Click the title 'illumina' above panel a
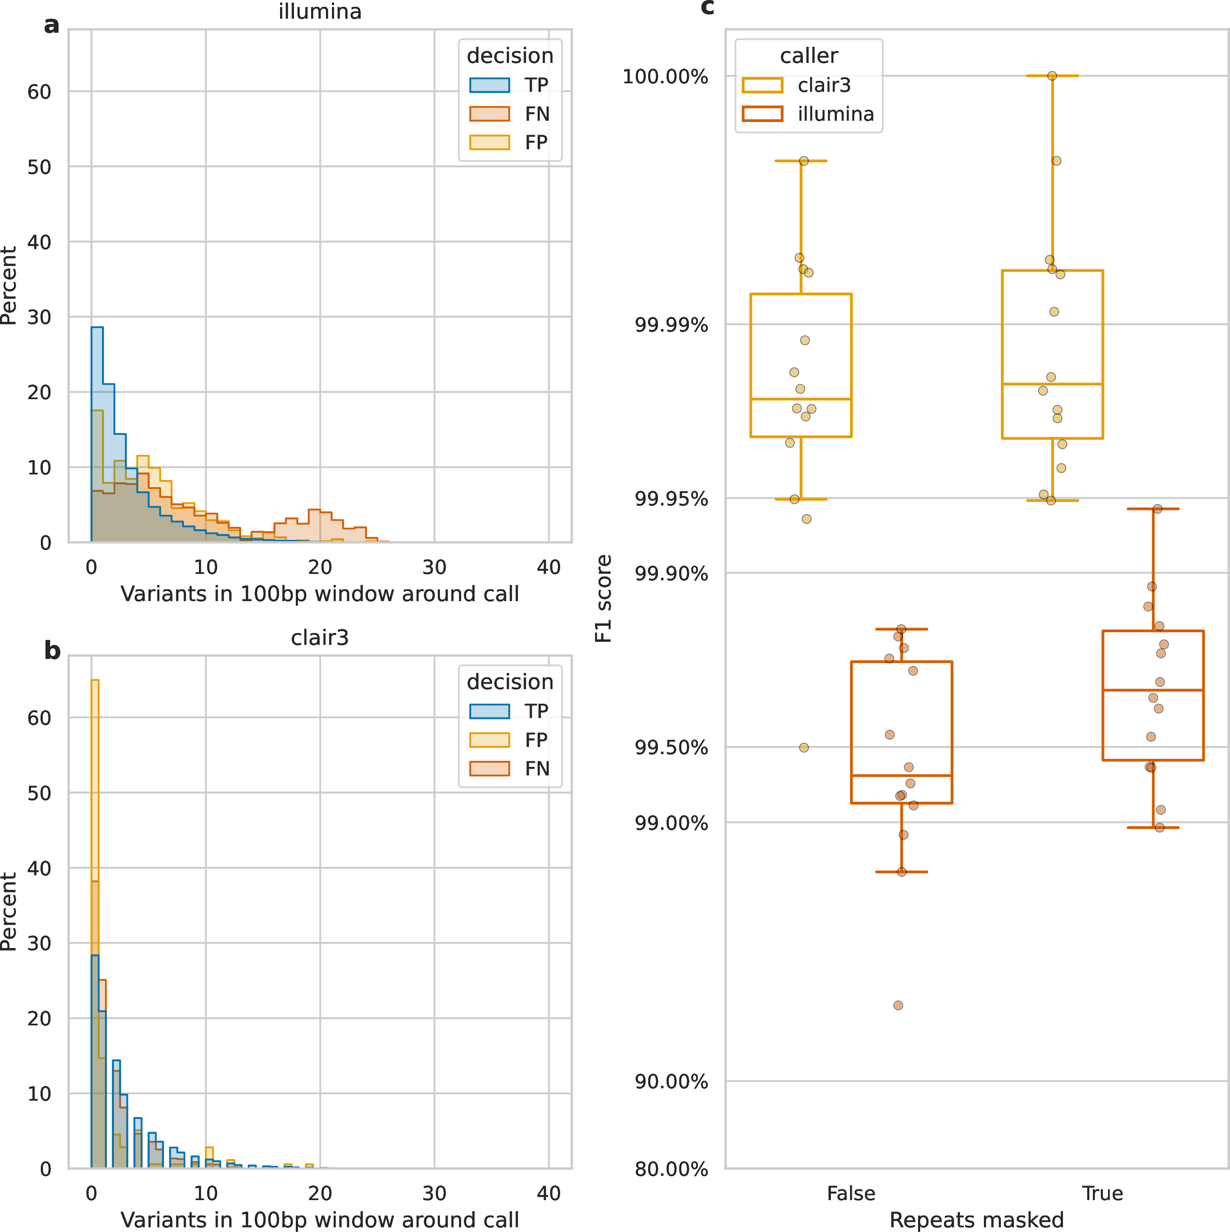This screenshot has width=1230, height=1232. pos(320,11)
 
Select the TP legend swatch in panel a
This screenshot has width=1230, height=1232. pos(489,85)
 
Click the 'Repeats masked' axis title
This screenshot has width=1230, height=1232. pos(976,1219)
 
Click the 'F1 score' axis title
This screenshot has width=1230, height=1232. pos(603,598)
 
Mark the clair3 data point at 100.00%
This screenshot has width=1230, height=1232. pos(1052,76)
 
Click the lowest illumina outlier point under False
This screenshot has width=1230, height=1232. pos(898,1005)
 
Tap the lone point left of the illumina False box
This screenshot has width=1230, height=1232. pos(804,747)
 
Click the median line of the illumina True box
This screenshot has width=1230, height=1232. pos(1153,690)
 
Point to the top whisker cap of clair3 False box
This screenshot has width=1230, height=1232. pos(801,161)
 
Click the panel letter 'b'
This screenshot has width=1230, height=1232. pos(52,650)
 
